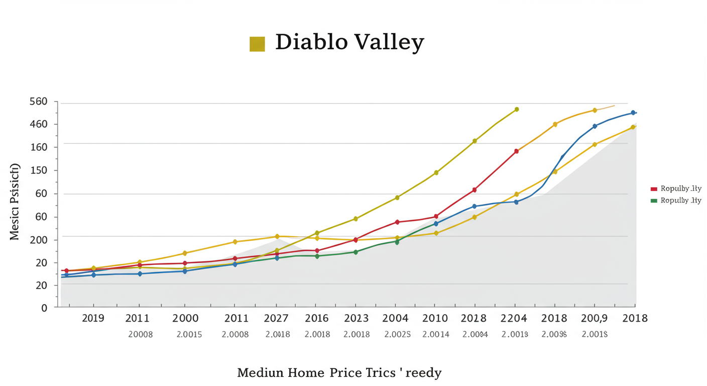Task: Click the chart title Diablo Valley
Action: pos(349,43)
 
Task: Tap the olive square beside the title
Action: pos(257,44)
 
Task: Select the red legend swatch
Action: pos(654,189)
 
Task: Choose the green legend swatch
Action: pos(654,201)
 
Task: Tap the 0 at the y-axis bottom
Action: pos(44,308)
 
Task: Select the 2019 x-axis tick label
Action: pos(93,318)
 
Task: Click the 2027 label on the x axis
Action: pos(276,318)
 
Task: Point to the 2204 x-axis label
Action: pos(514,318)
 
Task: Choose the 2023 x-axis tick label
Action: pos(356,318)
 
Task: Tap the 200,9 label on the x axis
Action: pos(594,318)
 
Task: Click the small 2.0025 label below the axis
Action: pos(398,334)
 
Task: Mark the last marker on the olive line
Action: pos(517,109)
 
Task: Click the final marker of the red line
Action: pos(516,151)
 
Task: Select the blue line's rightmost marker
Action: pos(633,113)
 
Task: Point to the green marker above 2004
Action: pos(397,242)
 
